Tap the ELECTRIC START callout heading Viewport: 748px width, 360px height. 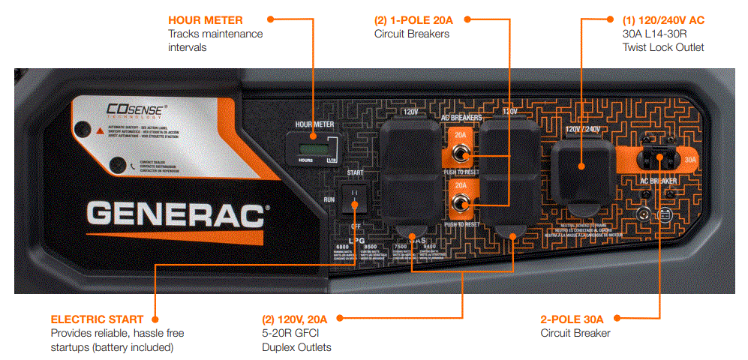[x=93, y=319]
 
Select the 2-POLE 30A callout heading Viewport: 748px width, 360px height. [x=572, y=319]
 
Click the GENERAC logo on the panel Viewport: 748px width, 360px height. [x=177, y=214]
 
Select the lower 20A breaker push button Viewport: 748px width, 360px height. [x=461, y=204]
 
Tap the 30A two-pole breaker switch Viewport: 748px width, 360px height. [x=659, y=159]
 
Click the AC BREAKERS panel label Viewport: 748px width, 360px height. [x=461, y=118]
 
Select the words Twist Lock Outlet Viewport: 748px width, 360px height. [x=663, y=47]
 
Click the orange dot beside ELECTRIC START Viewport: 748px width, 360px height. [x=153, y=319]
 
